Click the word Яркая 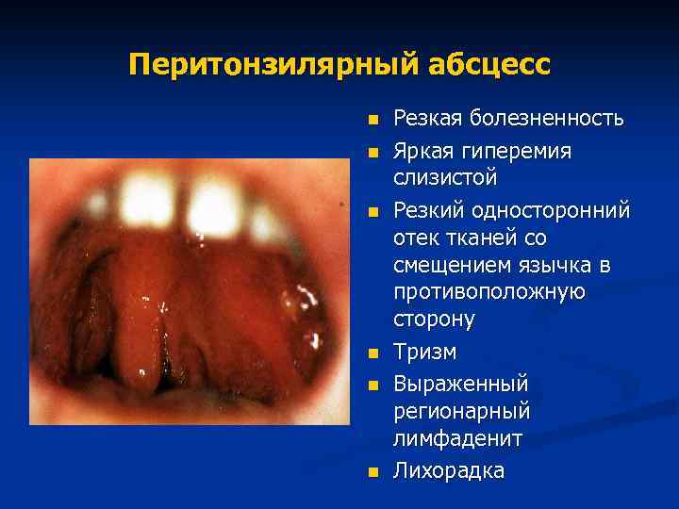(x=423, y=151)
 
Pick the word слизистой (x=445, y=178)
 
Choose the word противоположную (x=489, y=292)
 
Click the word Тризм (x=425, y=353)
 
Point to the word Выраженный (x=461, y=385)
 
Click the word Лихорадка (x=449, y=470)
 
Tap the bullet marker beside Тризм (x=373, y=354)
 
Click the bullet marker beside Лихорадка (x=373, y=471)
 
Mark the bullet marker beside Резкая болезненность (x=373, y=121)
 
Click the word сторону (x=435, y=320)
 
